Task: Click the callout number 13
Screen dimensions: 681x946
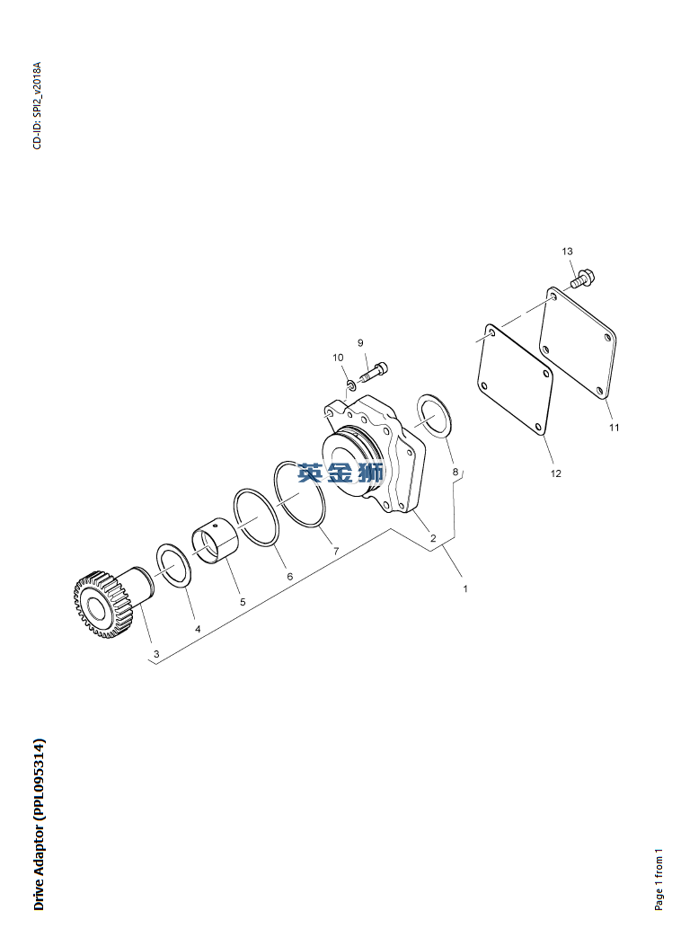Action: point(568,251)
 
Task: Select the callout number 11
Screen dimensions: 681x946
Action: point(614,427)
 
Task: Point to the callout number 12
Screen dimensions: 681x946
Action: point(555,473)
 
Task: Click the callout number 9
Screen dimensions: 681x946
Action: point(360,343)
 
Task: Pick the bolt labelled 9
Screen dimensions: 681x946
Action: point(374,372)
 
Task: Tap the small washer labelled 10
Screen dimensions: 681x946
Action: point(350,384)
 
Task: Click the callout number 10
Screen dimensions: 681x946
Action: point(338,358)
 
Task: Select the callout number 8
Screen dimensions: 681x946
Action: point(455,472)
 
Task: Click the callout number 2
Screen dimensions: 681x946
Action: point(433,538)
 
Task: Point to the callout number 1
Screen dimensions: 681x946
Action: point(465,588)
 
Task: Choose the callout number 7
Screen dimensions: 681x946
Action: point(336,551)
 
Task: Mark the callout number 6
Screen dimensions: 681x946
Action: point(289,577)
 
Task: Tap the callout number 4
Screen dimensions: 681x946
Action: point(198,629)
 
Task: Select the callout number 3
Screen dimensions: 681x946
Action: point(156,654)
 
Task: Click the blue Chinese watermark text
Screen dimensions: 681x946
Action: point(340,473)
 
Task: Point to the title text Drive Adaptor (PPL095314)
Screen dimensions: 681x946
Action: point(39,824)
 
